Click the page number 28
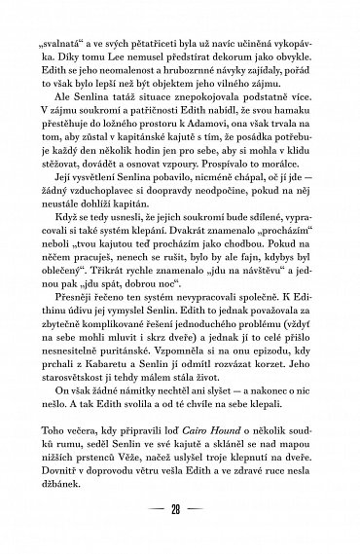click(x=179, y=512)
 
